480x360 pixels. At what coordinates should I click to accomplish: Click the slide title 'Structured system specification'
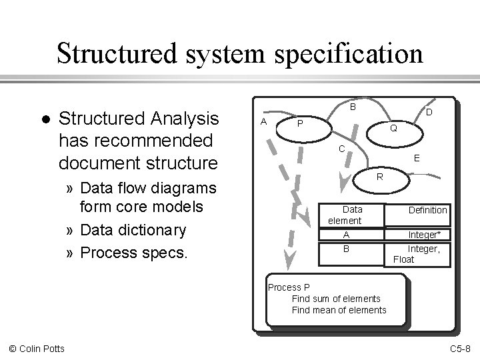click(x=239, y=53)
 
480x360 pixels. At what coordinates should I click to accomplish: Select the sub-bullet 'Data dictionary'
click(x=133, y=231)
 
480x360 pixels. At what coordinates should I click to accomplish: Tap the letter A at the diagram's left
click(x=264, y=121)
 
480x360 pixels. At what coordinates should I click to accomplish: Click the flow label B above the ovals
click(x=353, y=107)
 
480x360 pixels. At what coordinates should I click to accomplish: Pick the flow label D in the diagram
click(x=429, y=113)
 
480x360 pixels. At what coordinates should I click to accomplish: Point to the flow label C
click(x=340, y=149)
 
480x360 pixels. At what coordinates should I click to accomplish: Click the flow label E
click(x=416, y=159)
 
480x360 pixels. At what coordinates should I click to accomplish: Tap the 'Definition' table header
click(x=427, y=210)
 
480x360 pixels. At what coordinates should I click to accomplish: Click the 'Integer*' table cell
click(x=429, y=234)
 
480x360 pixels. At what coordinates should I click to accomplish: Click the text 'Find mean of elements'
click(x=339, y=309)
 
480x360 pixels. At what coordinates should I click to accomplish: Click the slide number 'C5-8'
click(x=461, y=349)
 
